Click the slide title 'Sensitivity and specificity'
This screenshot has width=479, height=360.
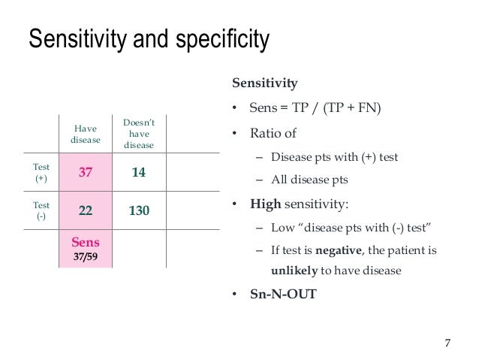[x=148, y=40]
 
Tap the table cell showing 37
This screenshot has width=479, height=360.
[x=86, y=172]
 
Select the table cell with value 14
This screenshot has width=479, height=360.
[x=138, y=172]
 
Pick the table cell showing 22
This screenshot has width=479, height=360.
[x=86, y=212]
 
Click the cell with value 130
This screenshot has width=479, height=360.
[x=138, y=212]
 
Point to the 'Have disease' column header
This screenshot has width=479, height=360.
[x=85, y=134]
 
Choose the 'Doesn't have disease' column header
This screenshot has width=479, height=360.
[x=138, y=134]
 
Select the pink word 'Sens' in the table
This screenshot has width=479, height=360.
[x=86, y=243]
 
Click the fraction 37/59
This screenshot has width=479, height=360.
[x=86, y=257]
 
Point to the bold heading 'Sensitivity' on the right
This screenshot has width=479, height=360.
[x=264, y=83]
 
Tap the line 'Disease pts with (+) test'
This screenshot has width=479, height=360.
[x=334, y=157]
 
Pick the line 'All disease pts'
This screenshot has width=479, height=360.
[x=309, y=180]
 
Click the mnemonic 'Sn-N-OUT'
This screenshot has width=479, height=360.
[x=283, y=294]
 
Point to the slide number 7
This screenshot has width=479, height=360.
[x=447, y=343]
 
